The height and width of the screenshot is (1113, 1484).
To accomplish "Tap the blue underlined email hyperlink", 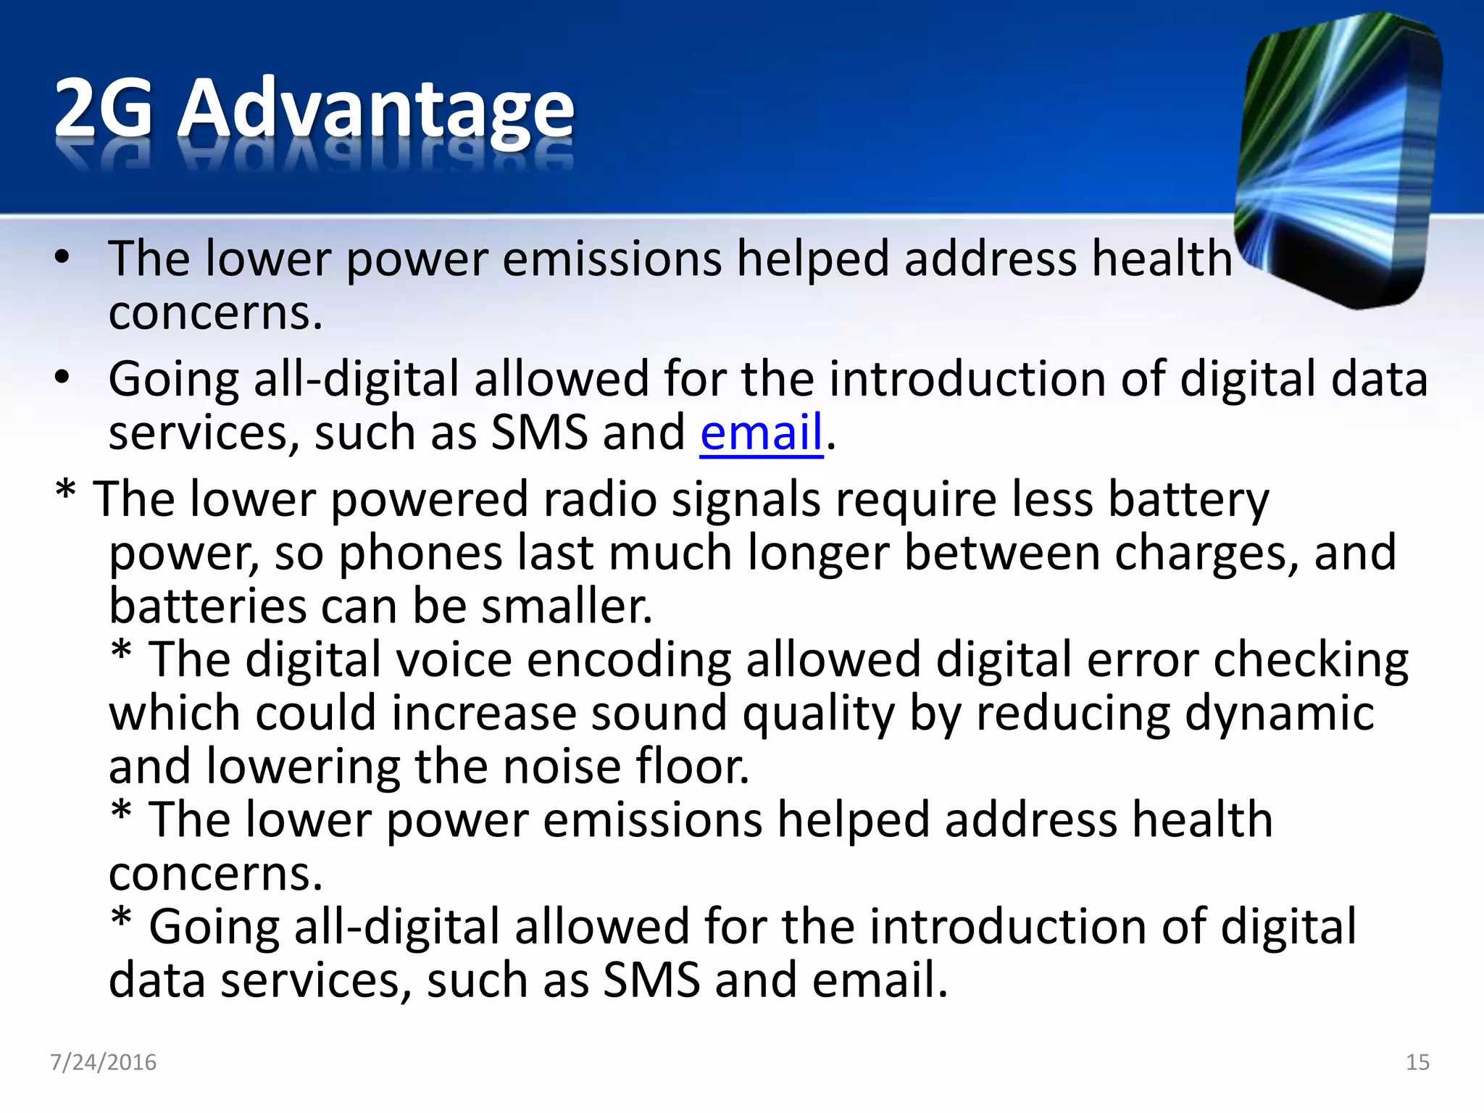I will click(761, 433).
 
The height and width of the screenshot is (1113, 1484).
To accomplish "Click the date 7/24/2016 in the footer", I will click(103, 1062).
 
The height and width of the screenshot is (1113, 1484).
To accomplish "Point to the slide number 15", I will click(1417, 1062).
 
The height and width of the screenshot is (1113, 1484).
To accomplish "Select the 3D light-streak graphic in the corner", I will click(1337, 159).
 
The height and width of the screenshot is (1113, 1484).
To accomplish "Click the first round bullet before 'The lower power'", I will click(62, 257).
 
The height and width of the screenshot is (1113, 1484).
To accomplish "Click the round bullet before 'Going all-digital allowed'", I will click(62, 378).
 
